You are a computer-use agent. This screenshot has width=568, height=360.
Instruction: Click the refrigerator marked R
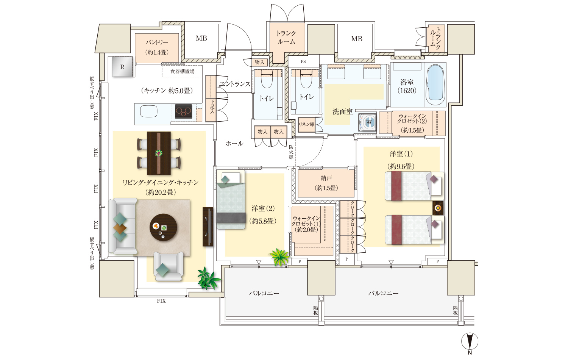(122, 66)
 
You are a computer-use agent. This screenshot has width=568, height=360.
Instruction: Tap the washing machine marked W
(367, 122)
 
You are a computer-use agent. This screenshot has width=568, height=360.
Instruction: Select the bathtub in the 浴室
(435, 85)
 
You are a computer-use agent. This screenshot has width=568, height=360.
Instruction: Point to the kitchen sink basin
(149, 111)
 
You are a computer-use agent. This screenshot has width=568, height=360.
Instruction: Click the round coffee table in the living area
(163, 227)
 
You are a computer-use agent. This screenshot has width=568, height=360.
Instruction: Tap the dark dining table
(159, 153)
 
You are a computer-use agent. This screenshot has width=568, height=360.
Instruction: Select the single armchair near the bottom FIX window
(169, 266)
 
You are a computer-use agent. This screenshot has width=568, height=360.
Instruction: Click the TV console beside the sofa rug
(208, 227)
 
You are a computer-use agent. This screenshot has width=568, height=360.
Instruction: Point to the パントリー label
(157, 42)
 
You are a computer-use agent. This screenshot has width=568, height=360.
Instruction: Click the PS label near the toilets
(303, 61)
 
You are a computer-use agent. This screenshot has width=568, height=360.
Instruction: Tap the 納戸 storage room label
(326, 178)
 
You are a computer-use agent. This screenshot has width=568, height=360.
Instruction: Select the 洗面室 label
(343, 112)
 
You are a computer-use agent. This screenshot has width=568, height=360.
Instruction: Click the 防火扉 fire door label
(291, 152)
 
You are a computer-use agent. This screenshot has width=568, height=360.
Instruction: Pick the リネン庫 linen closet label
(306, 124)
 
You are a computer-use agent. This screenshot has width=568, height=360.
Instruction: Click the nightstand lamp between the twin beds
(438, 208)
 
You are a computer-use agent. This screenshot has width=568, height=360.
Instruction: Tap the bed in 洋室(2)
(231, 200)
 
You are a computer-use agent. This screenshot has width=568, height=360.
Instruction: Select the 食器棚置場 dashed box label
(183, 71)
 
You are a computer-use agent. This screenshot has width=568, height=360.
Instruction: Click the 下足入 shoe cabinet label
(212, 106)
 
